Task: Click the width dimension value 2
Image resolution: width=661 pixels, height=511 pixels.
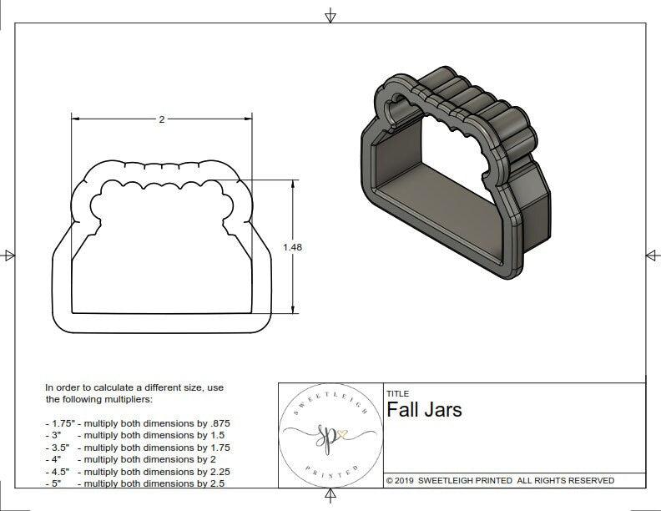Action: [x=161, y=119]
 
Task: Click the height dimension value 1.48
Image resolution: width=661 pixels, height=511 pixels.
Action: [x=292, y=247]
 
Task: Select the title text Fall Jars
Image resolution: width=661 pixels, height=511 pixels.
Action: [x=424, y=410]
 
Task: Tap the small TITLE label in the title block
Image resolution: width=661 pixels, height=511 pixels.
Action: [x=397, y=394]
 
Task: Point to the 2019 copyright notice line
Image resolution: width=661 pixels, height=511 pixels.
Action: [x=500, y=480]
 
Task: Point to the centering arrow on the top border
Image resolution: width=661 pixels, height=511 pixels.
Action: [x=330, y=15]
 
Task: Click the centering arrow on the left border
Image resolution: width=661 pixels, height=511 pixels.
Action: [x=9, y=255]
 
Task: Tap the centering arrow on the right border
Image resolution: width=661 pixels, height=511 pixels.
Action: [x=652, y=255]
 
